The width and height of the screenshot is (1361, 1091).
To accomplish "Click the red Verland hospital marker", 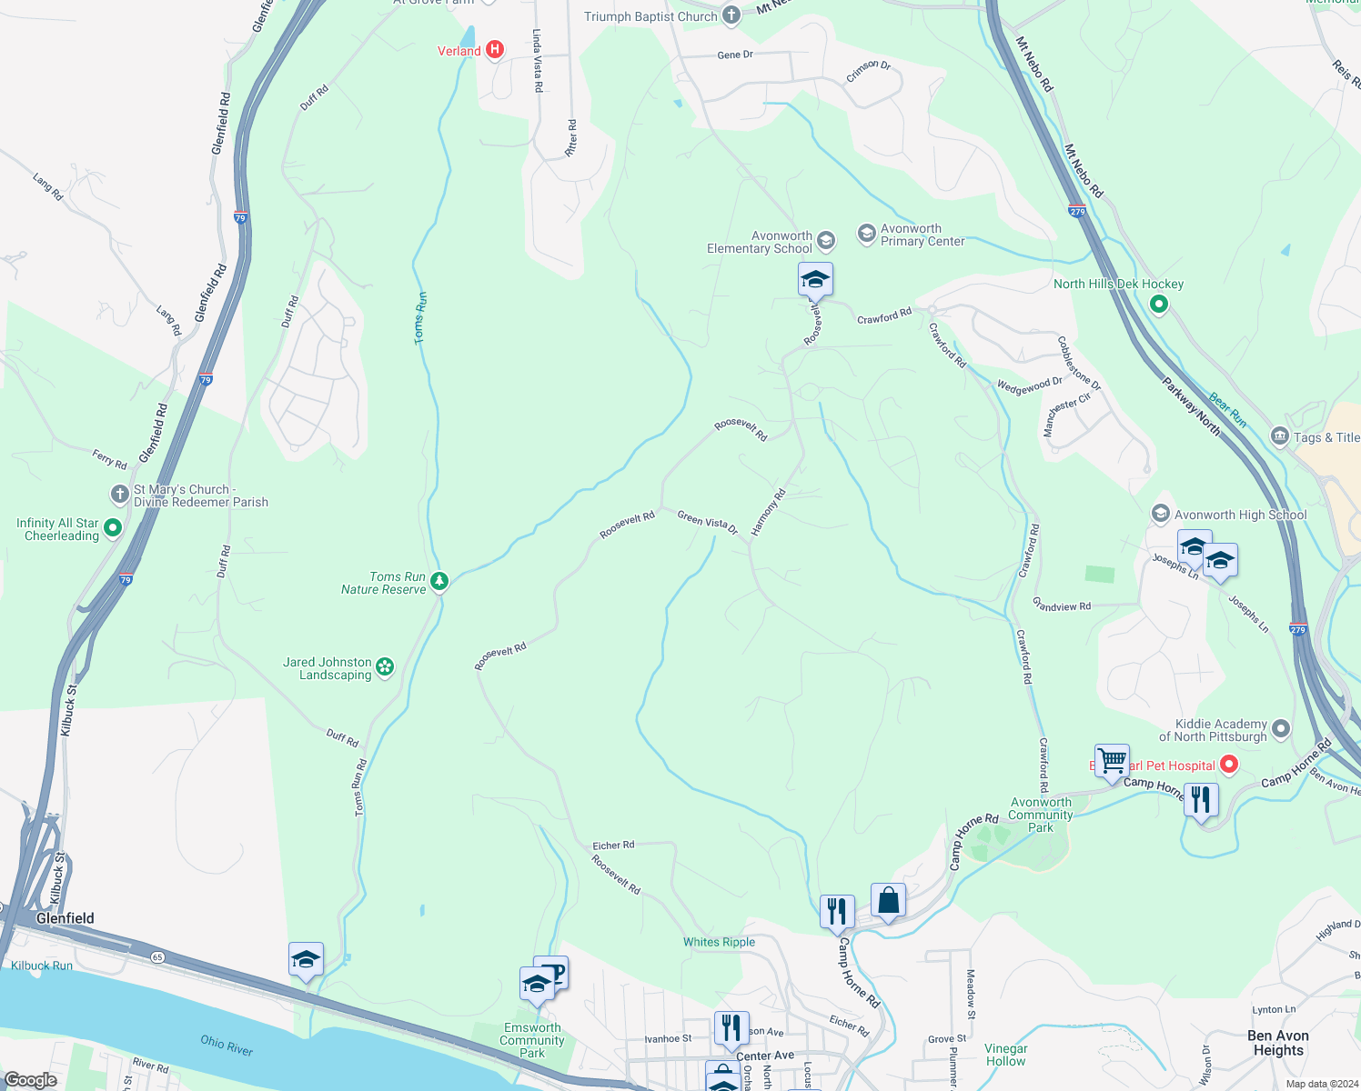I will (495, 50).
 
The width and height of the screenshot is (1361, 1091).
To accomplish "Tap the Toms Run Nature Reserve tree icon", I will (439, 581).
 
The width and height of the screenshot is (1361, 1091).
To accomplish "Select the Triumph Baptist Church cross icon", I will (731, 15).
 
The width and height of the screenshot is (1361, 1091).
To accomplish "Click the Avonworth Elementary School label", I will (760, 242).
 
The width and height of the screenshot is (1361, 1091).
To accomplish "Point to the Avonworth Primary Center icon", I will (867, 234).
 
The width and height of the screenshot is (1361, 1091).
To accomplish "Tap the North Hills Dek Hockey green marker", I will (1158, 305).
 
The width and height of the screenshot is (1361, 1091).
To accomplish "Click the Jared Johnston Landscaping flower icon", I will (385, 667).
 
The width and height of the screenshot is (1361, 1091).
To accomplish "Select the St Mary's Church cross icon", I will (119, 494).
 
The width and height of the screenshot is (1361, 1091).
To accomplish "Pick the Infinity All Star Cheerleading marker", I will (113, 527).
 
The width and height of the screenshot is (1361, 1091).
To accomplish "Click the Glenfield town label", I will (65, 918).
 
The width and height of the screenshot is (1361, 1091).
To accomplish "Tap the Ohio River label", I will (227, 1046).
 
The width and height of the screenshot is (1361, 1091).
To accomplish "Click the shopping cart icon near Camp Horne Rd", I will (1112, 760).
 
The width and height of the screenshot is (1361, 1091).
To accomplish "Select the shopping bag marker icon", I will (888, 900).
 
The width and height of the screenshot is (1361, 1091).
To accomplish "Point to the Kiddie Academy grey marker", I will (1281, 728).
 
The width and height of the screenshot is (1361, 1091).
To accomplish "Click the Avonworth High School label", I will (1240, 515).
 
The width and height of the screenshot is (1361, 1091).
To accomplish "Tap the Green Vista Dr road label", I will (707, 522).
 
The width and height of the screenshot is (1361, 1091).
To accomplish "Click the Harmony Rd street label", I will (768, 512).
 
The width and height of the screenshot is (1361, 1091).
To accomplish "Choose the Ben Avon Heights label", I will (1278, 1043).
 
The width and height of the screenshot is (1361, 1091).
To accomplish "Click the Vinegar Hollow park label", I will (1005, 1055).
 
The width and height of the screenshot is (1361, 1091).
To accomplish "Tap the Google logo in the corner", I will (30, 1079).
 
